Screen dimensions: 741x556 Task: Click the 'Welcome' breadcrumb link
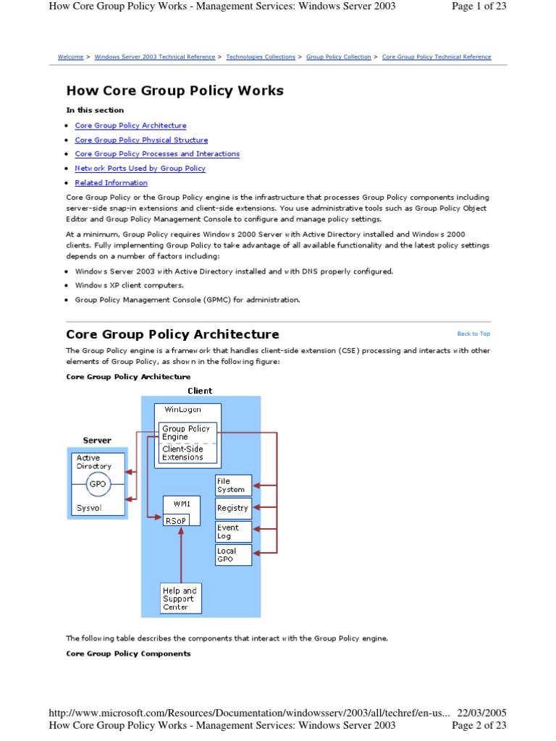pyautogui.click(x=70, y=57)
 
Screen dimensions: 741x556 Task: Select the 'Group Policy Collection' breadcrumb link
pyautogui.click(x=338, y=57)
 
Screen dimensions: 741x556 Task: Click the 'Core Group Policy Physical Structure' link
pyautogui.click(x=141, y=140)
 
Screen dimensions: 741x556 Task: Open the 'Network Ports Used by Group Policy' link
pyautogui.click(x=140, y=169)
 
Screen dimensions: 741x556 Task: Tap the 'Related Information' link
pyautogui.click(x=111, y=183)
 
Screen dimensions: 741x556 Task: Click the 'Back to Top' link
pyautogui.click(x=473, y=334)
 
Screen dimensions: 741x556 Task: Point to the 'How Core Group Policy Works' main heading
pyautogui.click(x=174, y=90)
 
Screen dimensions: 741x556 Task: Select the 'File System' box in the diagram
pyautogui.click(x=233, y=486)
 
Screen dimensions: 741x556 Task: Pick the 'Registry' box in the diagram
pyautogui.click(x=233, y=508)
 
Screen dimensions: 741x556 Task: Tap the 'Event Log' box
pyautogui.click(x=233, y=532)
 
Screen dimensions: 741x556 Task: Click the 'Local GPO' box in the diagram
pyautogui.click(x=233, y=555)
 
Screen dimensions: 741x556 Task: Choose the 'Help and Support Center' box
pyautogui.click(x=180, y=599)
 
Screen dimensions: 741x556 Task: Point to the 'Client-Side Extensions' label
pyautogui.click(x=183, y=453)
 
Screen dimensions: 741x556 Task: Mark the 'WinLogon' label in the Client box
pyautogui.click(x=183, y=410)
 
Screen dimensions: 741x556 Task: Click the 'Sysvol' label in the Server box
pyautogui.click(x=90, y=509)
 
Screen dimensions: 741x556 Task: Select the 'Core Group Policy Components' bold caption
pyautogui.click(x=128, y=653)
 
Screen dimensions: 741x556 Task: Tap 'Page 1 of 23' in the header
pyautogui.click(x=479, y=7)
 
